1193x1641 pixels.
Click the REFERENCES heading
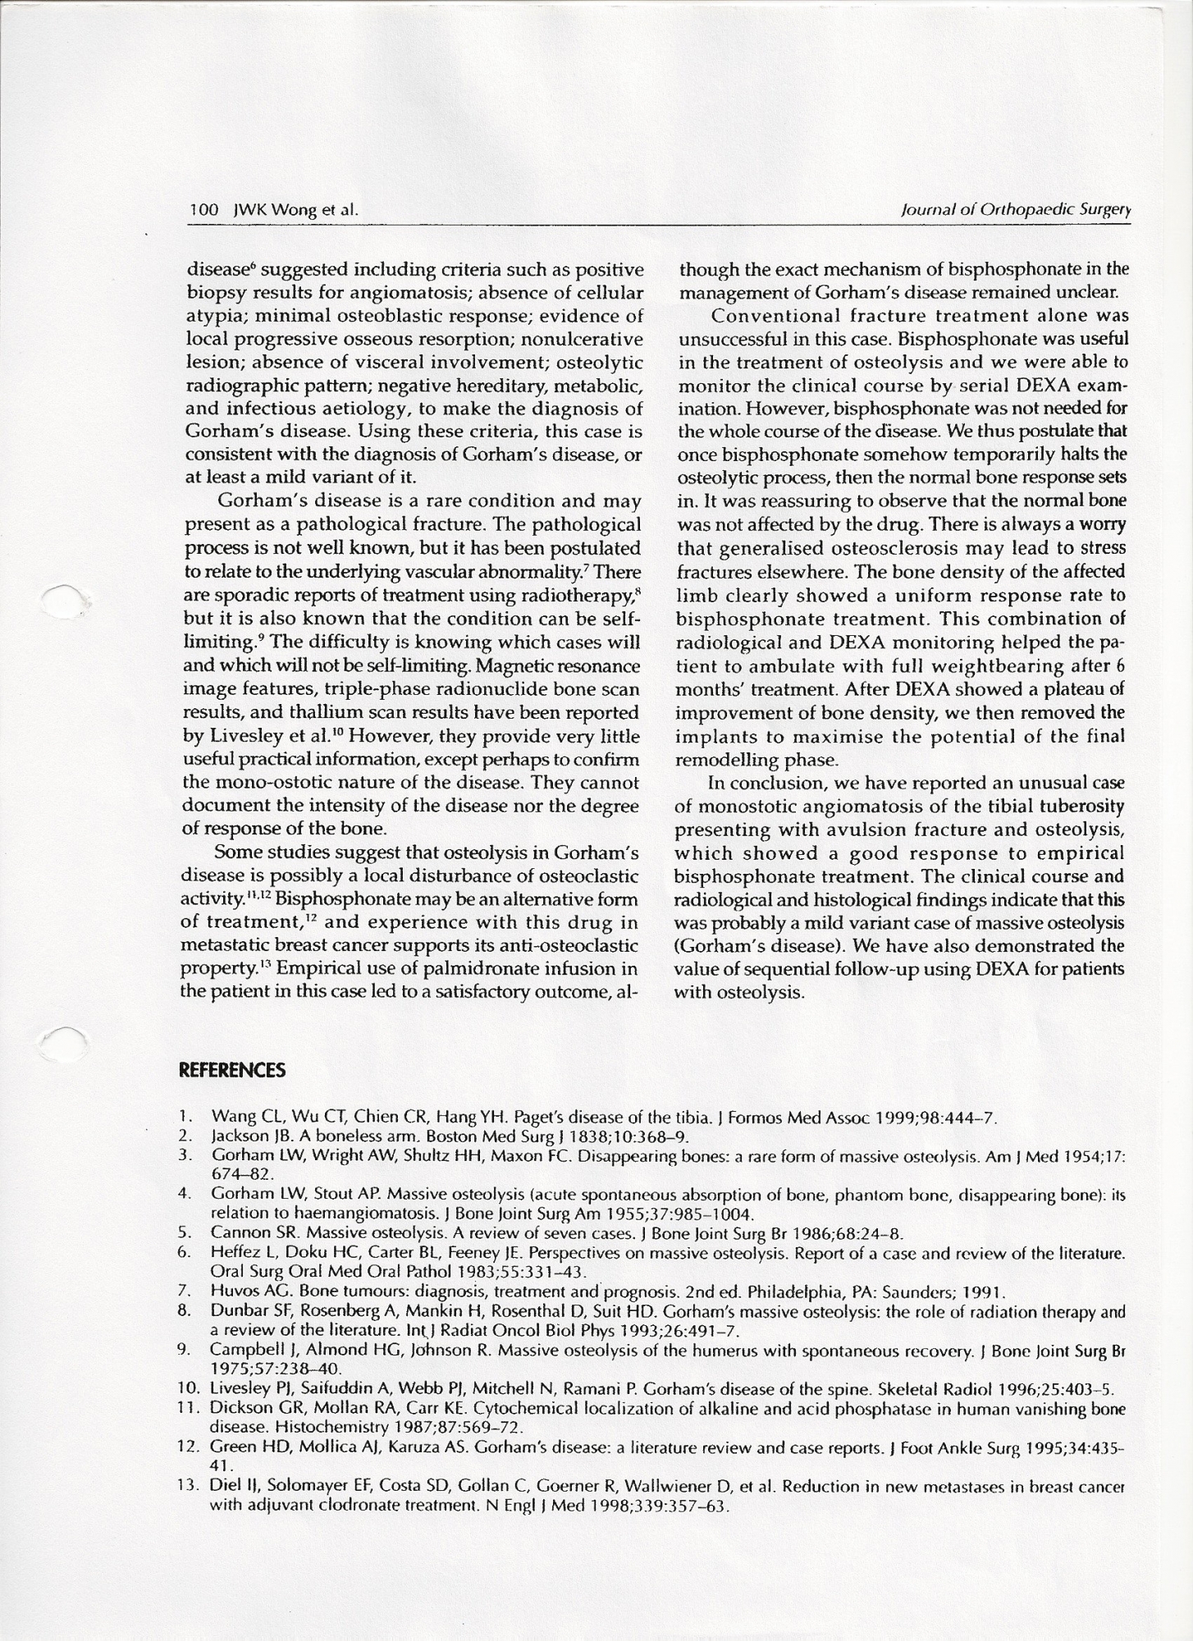[232, 1070]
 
